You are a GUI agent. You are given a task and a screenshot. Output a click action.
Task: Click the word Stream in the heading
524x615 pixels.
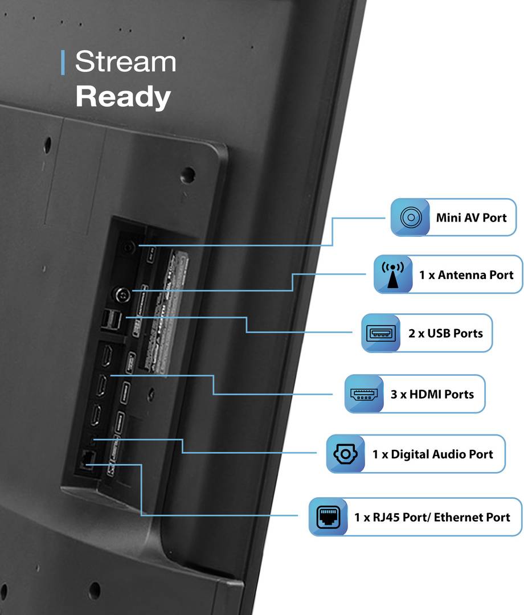pyautogui.click(x=125, y=61)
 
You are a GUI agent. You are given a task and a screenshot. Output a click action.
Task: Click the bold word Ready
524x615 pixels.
pyautogui.click(x=123, y=97)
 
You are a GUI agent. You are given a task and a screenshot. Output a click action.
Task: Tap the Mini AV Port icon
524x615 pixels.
pyautogui.click(x=410, y=217)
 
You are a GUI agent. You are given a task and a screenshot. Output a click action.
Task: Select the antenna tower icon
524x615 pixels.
pyautogui.click(x=393, y=274)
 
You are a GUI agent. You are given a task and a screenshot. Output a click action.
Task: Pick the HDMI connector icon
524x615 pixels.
pyautogui.click(x=364, y=393)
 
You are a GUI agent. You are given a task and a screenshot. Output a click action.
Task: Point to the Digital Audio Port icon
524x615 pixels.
pyautogui.click(x=346, y=454)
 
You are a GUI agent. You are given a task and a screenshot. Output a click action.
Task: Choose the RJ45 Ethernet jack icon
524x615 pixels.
pyautogui.click(x=328, y=517)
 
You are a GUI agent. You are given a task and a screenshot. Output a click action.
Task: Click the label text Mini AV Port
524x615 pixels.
pyautogui.click(x=471, y=217)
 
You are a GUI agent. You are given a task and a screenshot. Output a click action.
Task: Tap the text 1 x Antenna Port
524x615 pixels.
pyautogui.click(x=466, y=275)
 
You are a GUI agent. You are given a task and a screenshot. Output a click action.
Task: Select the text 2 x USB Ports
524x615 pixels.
pyautogui.click(x=445, y=333)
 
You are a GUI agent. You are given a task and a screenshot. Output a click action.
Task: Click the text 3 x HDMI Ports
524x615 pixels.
pyautogui.click(x=432, y=393)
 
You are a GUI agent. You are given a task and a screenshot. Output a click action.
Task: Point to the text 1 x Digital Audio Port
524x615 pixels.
pyautogui.click(x=433, y=454)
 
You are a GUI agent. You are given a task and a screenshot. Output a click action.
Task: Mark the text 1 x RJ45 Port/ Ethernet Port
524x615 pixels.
pyautogui.click(x=432, y=517)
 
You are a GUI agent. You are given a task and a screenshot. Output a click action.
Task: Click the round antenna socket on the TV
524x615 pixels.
pyautogui.click(x=121, y=295)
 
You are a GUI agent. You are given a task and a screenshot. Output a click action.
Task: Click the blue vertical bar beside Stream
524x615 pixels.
pyautogui.click(x=63, y=62)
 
